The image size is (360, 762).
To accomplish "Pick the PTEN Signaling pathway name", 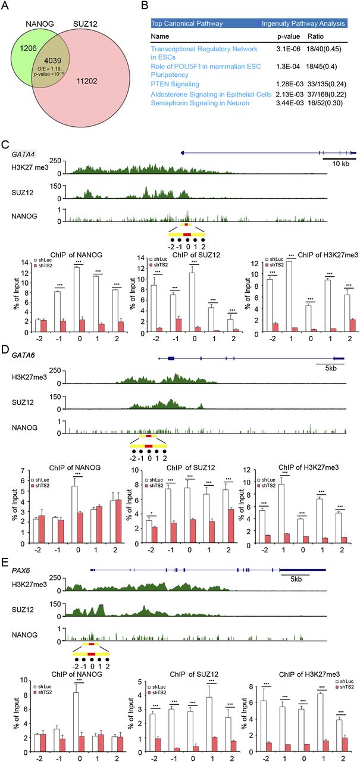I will point(177,85).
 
